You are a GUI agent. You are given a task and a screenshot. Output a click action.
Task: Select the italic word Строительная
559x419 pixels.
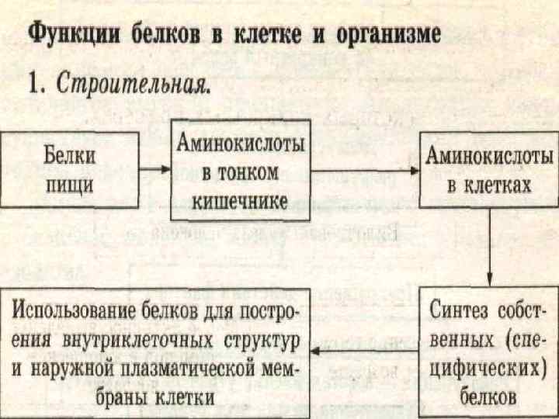[133, 85]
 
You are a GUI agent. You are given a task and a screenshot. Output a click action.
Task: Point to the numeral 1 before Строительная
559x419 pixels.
[35, 85]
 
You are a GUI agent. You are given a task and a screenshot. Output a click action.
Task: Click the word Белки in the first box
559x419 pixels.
[69, 154]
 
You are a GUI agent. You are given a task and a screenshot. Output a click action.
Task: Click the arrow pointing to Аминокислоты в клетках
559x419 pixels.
[365, 169]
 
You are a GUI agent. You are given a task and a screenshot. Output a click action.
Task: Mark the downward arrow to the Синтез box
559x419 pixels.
[490, 248]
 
